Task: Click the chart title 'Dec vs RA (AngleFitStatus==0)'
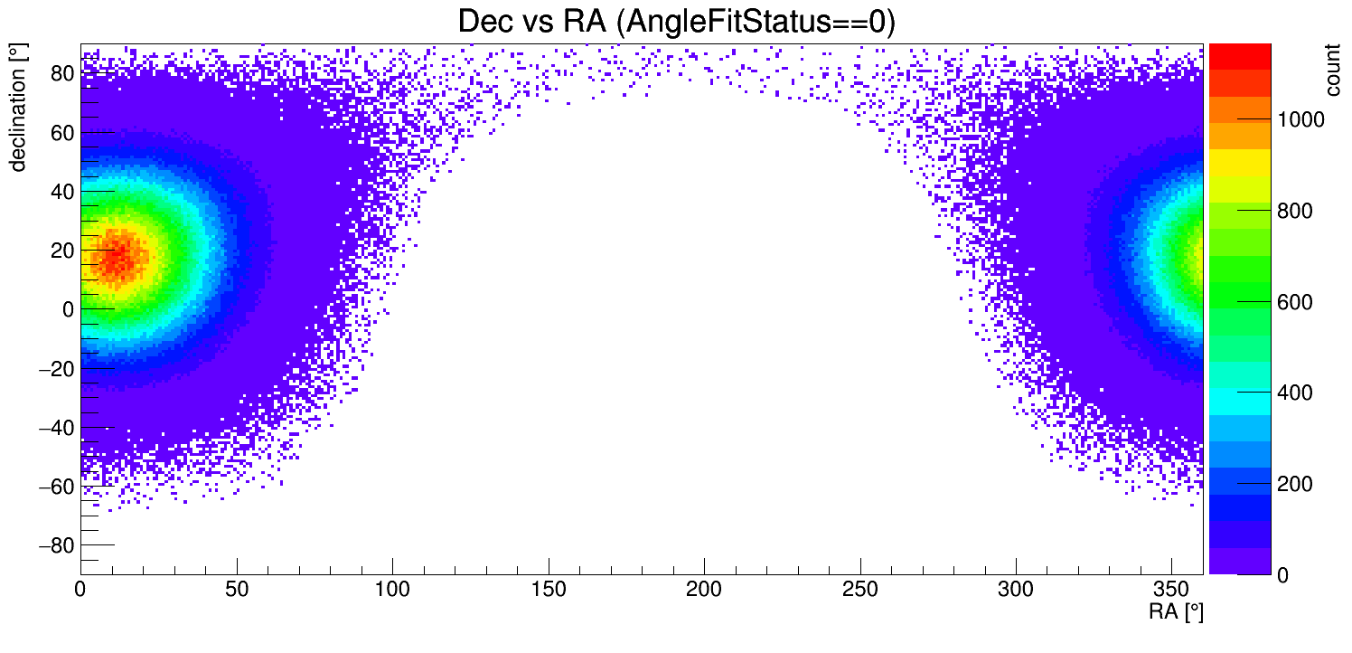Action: (676, 22)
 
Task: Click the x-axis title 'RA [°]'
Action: (1176, 612)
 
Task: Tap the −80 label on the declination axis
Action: (56, 545)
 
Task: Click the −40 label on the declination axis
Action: (56, 427)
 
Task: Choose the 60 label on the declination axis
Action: (61, 133)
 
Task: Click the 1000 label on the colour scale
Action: (1298, 120)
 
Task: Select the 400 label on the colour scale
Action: (1292, 393)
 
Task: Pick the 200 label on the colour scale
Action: (1292, 485)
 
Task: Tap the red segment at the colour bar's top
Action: (1240, 56)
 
